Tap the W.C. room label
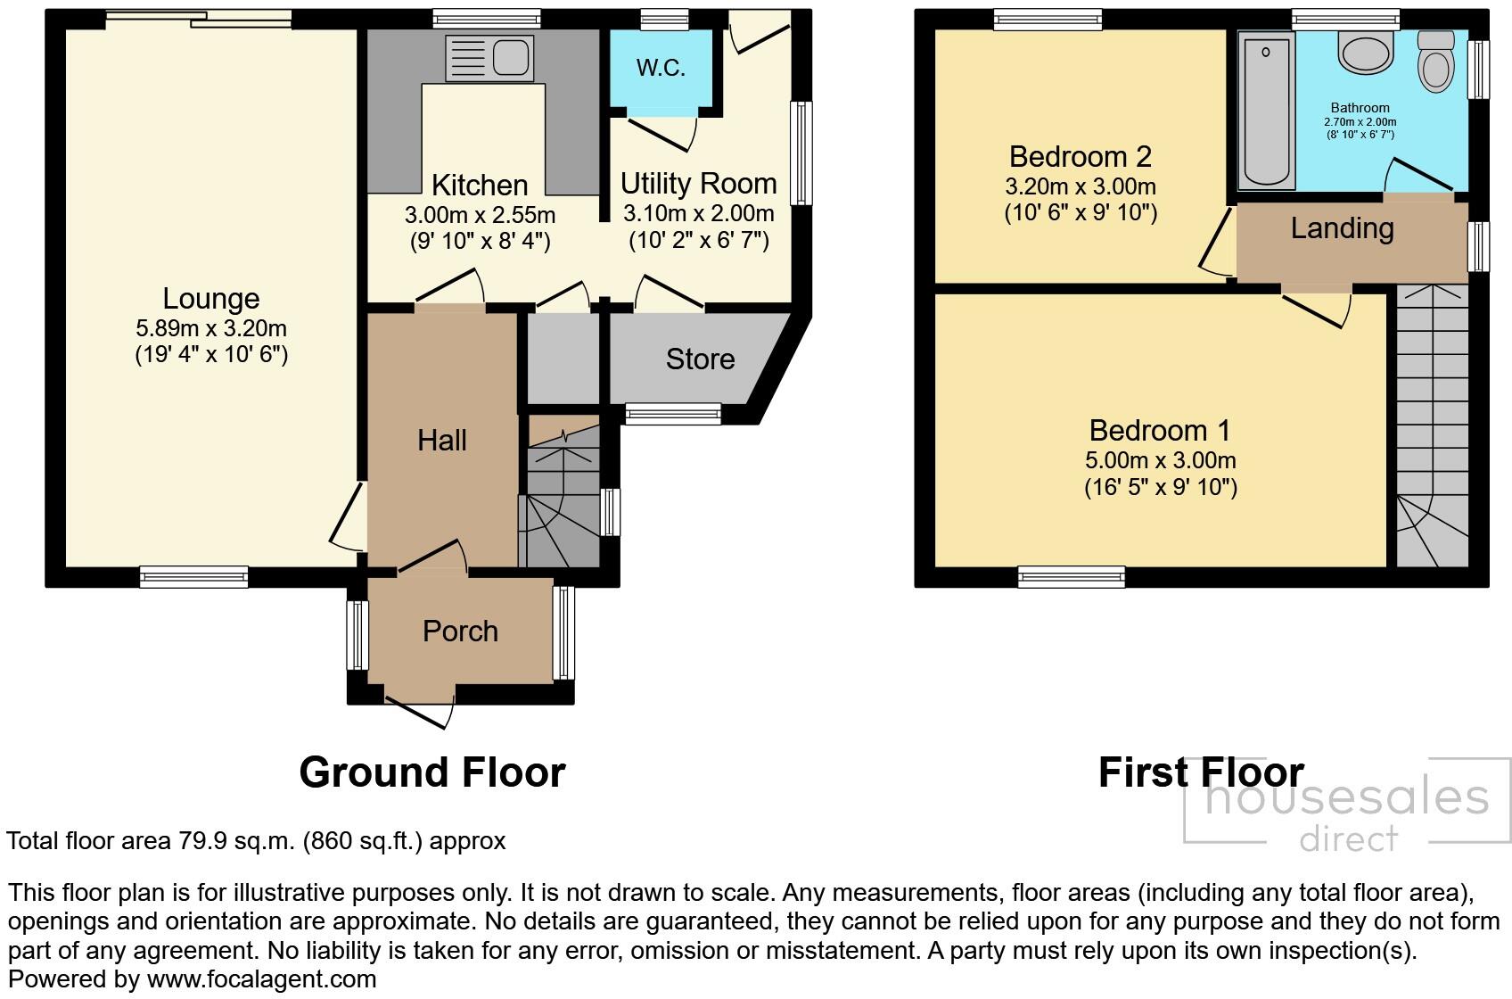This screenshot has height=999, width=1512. point(661,68)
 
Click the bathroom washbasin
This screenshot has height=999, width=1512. point(1364,53)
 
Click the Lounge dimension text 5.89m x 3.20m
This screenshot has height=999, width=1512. point(211,328)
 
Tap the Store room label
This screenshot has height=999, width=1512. point(700,359)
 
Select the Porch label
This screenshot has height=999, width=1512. point(460,632)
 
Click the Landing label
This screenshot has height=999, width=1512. point(1342,228)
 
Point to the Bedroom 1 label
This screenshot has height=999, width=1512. point(1160,431)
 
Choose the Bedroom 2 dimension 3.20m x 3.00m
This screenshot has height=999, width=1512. point(1080,187)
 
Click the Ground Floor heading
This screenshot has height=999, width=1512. point(432,772)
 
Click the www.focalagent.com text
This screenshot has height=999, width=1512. point(267,979)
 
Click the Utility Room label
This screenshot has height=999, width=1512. point(698,184)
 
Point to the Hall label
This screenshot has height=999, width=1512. point(442,441)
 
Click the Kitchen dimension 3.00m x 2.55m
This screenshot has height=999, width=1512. point(480,215)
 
